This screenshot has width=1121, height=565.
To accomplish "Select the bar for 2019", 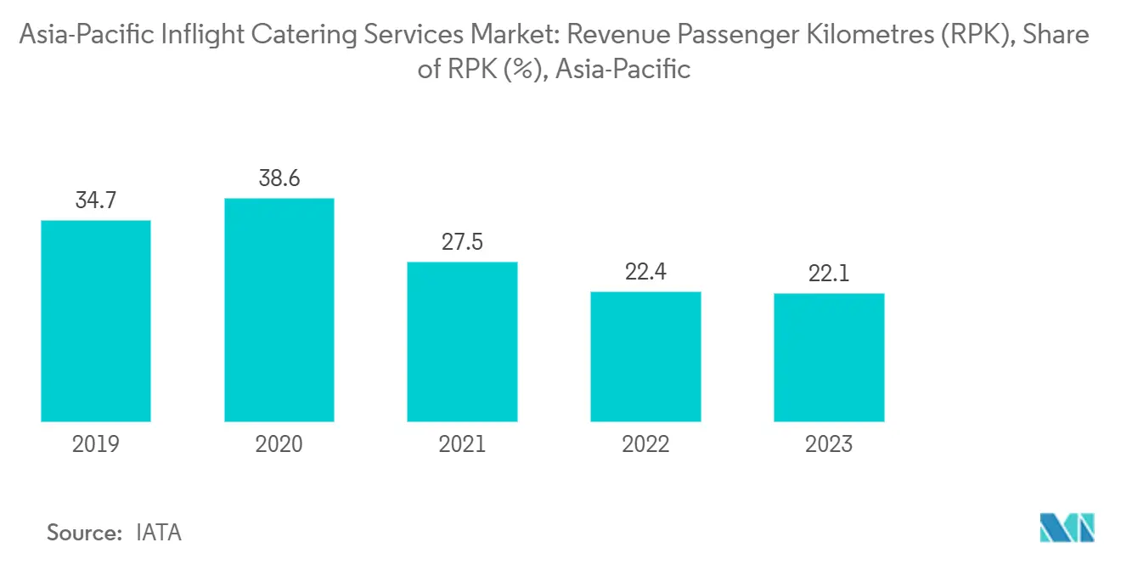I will pos(96,321).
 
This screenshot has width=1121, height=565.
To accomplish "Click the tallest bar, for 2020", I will pos(279,310).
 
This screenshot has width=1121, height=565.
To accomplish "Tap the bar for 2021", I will pos(463,342).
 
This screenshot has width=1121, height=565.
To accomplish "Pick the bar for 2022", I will pos(646,357).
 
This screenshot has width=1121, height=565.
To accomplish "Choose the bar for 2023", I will pos(830,358).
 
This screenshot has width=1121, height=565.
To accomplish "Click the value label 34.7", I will pos(96,202).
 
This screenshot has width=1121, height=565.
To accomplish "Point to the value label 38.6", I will pos(279,180).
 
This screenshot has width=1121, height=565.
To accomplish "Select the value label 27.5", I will pos(463,243).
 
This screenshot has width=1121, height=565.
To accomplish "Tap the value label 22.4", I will pos(646,273).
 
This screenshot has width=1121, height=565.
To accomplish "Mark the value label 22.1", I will pos(830,274).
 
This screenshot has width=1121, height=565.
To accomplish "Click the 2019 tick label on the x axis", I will pos(96,444).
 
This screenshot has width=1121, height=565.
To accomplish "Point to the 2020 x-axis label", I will pos(279,444).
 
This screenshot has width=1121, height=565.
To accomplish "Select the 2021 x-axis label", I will pos(463,444).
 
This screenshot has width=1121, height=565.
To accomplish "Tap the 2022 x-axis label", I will pos(646,444).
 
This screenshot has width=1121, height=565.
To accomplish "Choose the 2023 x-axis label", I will pos(830,444).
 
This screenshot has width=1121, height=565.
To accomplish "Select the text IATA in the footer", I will pos(159,533).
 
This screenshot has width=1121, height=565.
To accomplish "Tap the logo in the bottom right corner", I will pos(1067,528).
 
